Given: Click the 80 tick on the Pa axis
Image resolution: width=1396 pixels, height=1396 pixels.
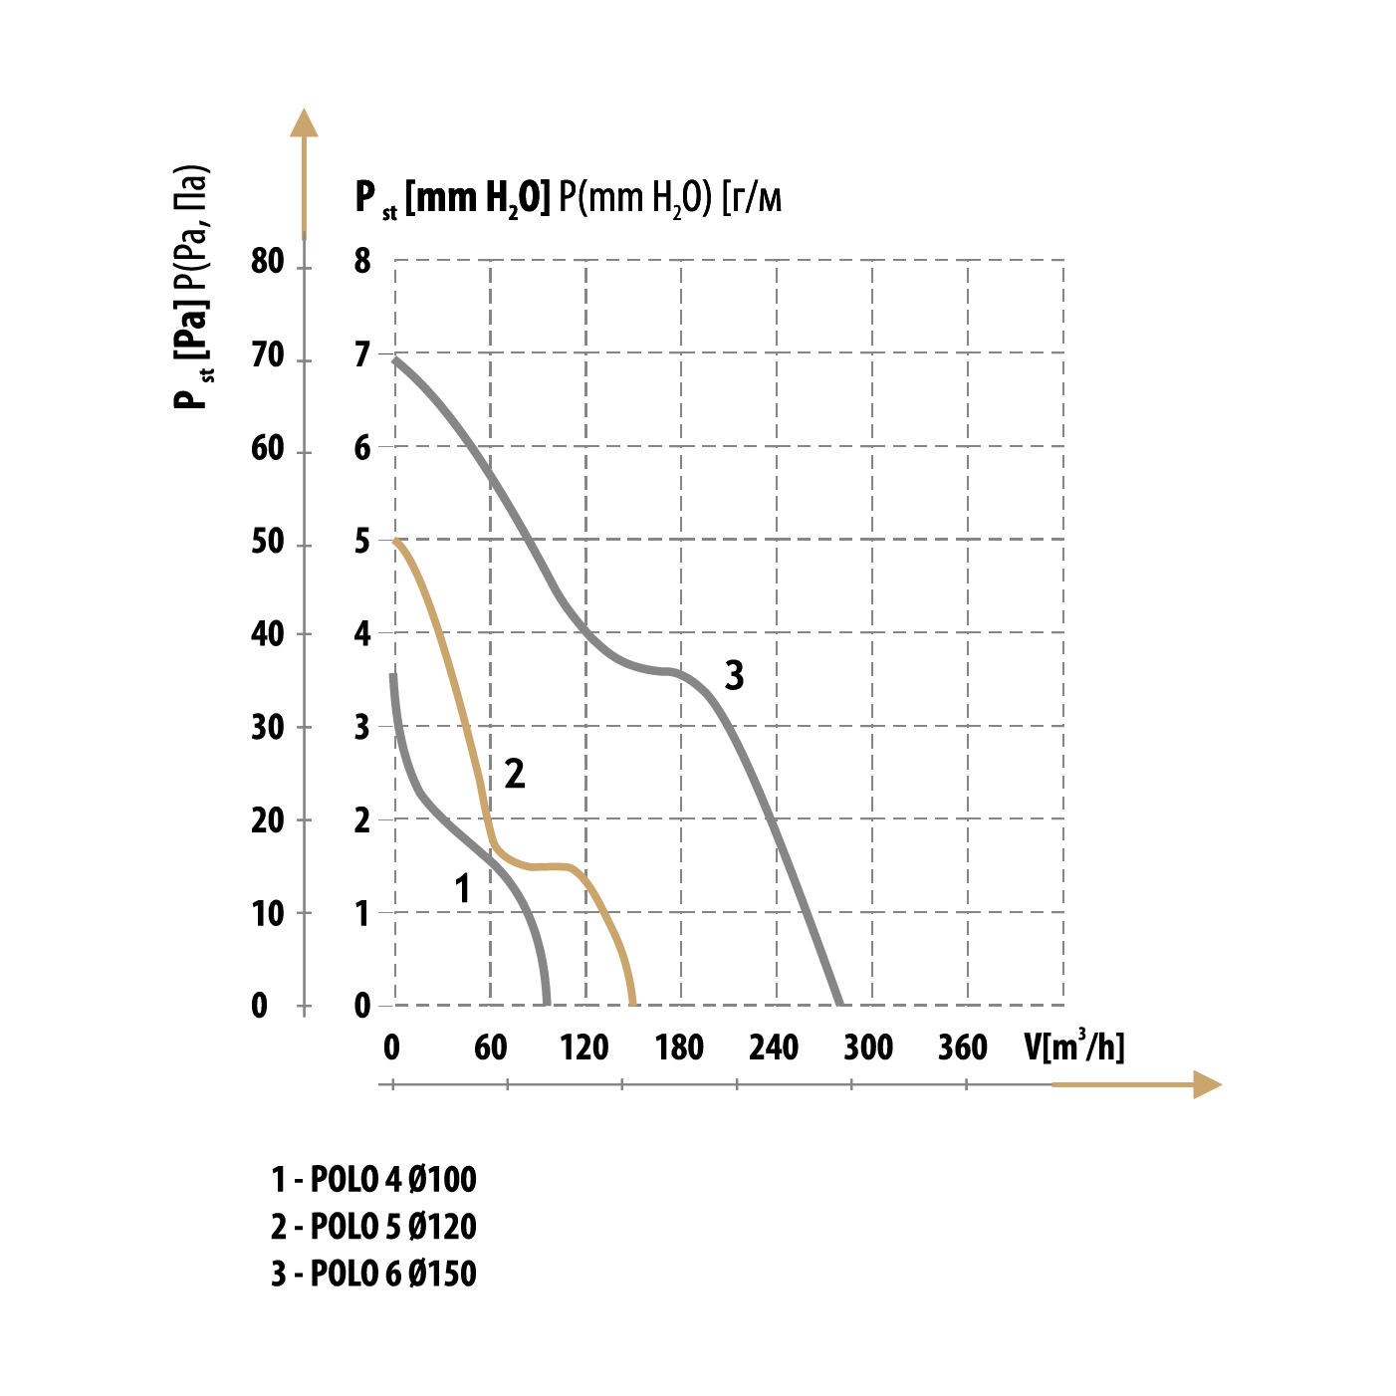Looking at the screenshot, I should click(268, 262).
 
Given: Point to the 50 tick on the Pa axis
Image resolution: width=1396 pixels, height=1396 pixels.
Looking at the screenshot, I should click(268, 543).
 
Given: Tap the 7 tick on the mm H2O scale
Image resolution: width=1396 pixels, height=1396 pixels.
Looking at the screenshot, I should click(362, 355).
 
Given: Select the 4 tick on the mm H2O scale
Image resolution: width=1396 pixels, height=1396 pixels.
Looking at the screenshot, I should click(362, 634).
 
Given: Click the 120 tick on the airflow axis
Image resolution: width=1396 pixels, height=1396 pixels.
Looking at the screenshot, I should click(583, 1047).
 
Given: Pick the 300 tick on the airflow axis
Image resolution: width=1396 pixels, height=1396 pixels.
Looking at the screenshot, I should click(868, 1047).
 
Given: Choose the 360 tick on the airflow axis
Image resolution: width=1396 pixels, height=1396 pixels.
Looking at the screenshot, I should click(963, 1047).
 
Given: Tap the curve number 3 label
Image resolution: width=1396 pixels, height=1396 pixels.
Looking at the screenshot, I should click(734, 676).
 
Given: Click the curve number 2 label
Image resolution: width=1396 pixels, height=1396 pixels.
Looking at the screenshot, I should click(514, 774).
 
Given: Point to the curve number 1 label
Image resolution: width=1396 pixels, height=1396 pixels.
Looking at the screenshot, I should click(462, 888).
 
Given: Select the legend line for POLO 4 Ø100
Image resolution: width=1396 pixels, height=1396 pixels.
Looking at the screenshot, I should click(373, 1180).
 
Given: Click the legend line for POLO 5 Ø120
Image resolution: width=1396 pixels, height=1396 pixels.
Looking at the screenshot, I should click(373, 1227).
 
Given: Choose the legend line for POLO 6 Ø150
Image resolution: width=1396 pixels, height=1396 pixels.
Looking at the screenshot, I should click(373, 1274).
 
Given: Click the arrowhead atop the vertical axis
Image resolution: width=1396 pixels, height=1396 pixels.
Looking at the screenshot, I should click(304, 122).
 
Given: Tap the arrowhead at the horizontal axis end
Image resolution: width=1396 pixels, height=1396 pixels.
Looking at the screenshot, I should click(1206, 1084).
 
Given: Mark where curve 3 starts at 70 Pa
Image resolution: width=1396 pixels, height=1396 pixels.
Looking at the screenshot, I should click(396, 358).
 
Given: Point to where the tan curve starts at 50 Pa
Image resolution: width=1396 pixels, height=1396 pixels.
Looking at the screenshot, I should click(396, 541).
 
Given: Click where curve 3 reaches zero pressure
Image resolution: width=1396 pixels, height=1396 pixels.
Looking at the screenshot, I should click(839, 1003).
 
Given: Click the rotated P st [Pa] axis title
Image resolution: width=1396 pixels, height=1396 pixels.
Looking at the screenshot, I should click(191, 289).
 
